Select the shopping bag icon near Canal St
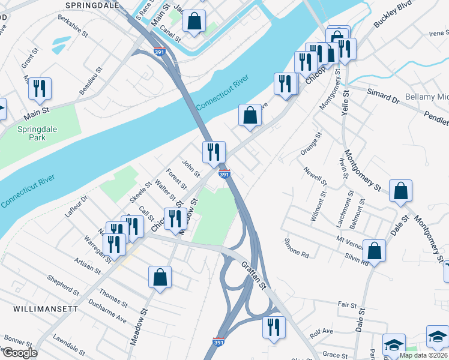(x=194, y=22)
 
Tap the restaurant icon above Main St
(x=40, y=89)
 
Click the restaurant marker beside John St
(x=214, y=152)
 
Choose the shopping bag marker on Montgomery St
(x=400, y=191)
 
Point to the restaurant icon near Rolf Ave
(x=273, y=328)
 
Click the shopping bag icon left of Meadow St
(x=160, y=277)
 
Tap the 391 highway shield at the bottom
(x=220, y=341)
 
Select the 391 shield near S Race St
(x=159, y=52)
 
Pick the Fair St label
(x=347, y=305)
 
